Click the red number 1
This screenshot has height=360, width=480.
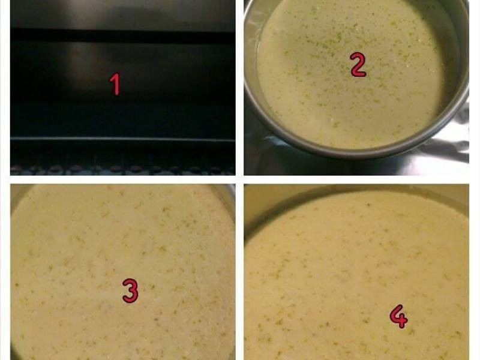[115, 85]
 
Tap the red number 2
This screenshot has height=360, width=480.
[358, 64]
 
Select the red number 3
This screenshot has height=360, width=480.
[130, 290]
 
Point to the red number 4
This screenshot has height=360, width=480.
[398, 316]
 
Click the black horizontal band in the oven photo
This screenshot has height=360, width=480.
[122, 36]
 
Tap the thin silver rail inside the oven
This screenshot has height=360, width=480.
[122, 139]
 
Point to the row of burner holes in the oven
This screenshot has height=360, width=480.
[122, 169]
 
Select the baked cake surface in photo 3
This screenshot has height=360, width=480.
[122, 272]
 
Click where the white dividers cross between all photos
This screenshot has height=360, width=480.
[239, 179]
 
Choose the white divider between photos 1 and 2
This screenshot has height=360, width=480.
[239, 88]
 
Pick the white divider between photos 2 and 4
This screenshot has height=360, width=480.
[356, 179]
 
